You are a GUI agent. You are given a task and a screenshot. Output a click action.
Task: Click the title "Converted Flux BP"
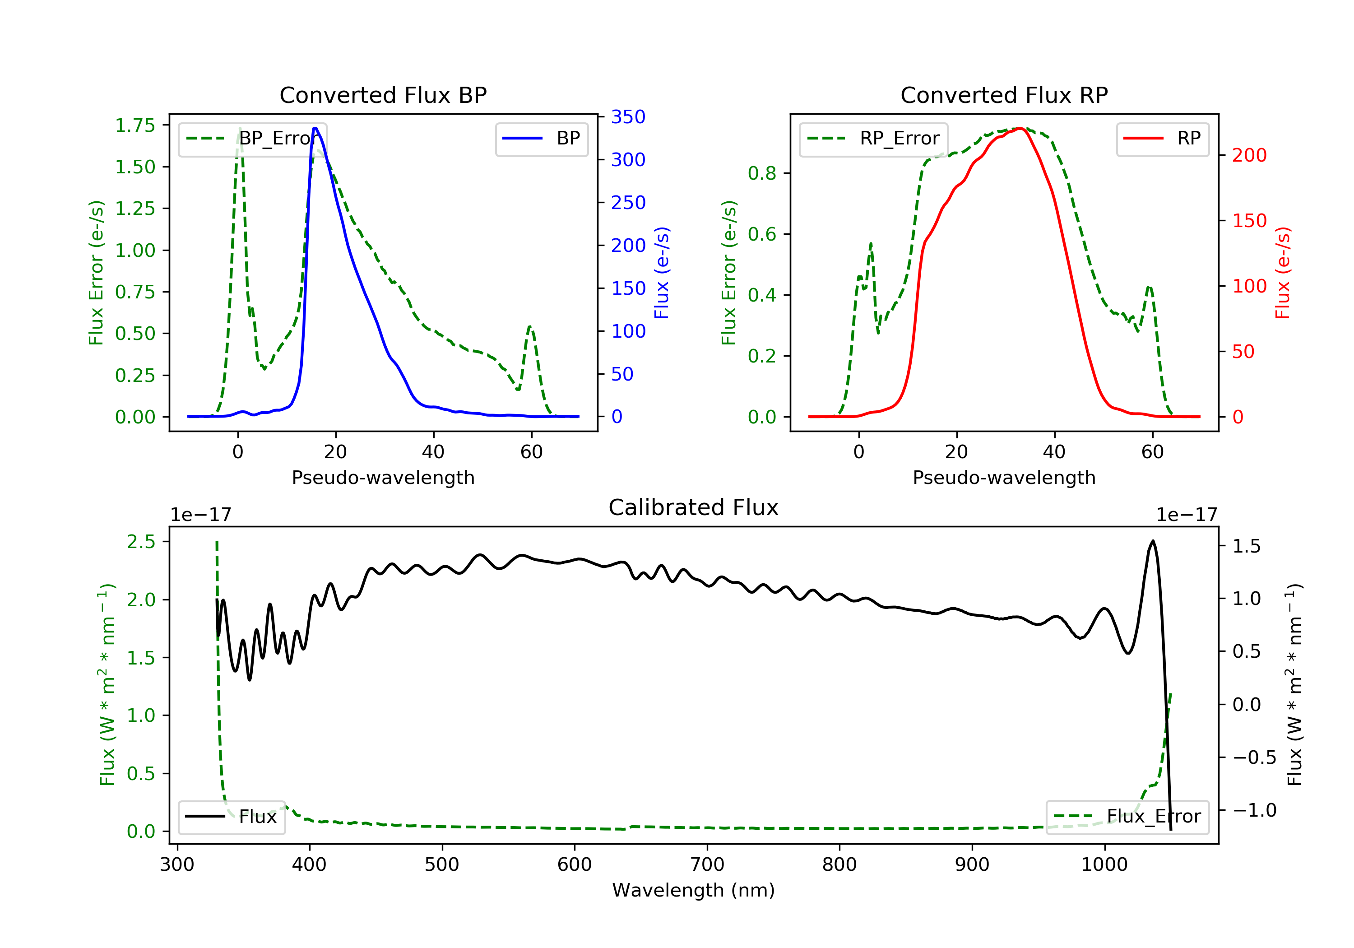[383, 95]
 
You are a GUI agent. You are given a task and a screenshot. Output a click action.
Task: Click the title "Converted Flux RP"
[1004, 95]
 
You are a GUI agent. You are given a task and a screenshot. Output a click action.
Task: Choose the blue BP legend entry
[541, 138]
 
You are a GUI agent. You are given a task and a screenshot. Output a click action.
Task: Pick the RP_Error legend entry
[873, 139]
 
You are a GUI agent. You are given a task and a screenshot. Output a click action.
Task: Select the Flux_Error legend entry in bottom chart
[1127, 817]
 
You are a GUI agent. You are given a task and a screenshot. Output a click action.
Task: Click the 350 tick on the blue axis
[628, 117]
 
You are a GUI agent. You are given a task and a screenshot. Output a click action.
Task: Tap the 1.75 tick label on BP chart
[135, 125]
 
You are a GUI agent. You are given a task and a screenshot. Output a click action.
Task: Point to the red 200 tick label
[1249, 155]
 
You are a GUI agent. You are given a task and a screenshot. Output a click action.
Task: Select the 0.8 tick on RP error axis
[762, 173]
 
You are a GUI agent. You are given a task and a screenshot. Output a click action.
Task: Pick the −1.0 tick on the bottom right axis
[1254, 810]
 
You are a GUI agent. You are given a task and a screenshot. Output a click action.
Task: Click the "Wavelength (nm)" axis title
[694, 890]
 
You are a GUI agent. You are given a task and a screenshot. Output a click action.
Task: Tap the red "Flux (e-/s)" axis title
[1283, 273]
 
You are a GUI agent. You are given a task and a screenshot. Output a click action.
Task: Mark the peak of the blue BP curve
[315, 128]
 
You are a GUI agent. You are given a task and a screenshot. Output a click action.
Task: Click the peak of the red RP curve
[1020, 128]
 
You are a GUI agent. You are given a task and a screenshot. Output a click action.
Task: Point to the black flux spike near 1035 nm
[1153, 540]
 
